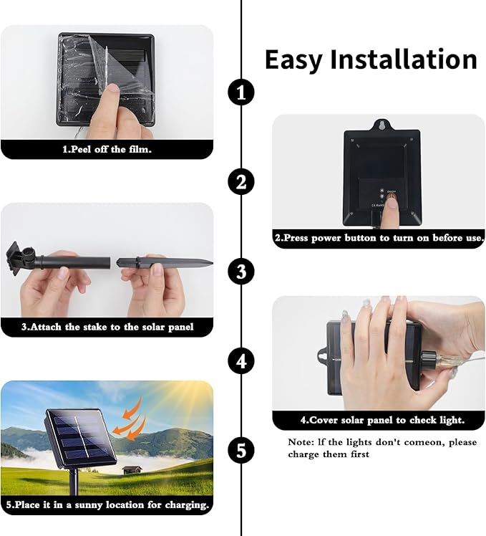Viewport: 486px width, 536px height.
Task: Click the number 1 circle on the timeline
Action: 241,92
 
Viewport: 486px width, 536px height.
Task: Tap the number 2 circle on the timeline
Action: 241,181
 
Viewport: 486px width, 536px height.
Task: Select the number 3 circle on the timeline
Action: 241,272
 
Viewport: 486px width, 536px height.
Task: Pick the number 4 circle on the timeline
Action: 241,361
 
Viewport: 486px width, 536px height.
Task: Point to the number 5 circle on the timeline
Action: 241,451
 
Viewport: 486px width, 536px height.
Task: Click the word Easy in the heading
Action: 293,60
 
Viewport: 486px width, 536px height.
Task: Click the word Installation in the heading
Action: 404,59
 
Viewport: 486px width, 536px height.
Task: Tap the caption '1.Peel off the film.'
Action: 107,149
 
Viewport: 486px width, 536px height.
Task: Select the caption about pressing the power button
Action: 379,238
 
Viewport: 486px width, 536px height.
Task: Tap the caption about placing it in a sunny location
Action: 107,505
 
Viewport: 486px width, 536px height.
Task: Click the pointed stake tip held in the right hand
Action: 208,263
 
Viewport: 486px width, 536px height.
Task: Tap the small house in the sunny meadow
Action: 132,470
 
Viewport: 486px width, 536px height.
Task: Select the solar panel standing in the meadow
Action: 81,439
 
